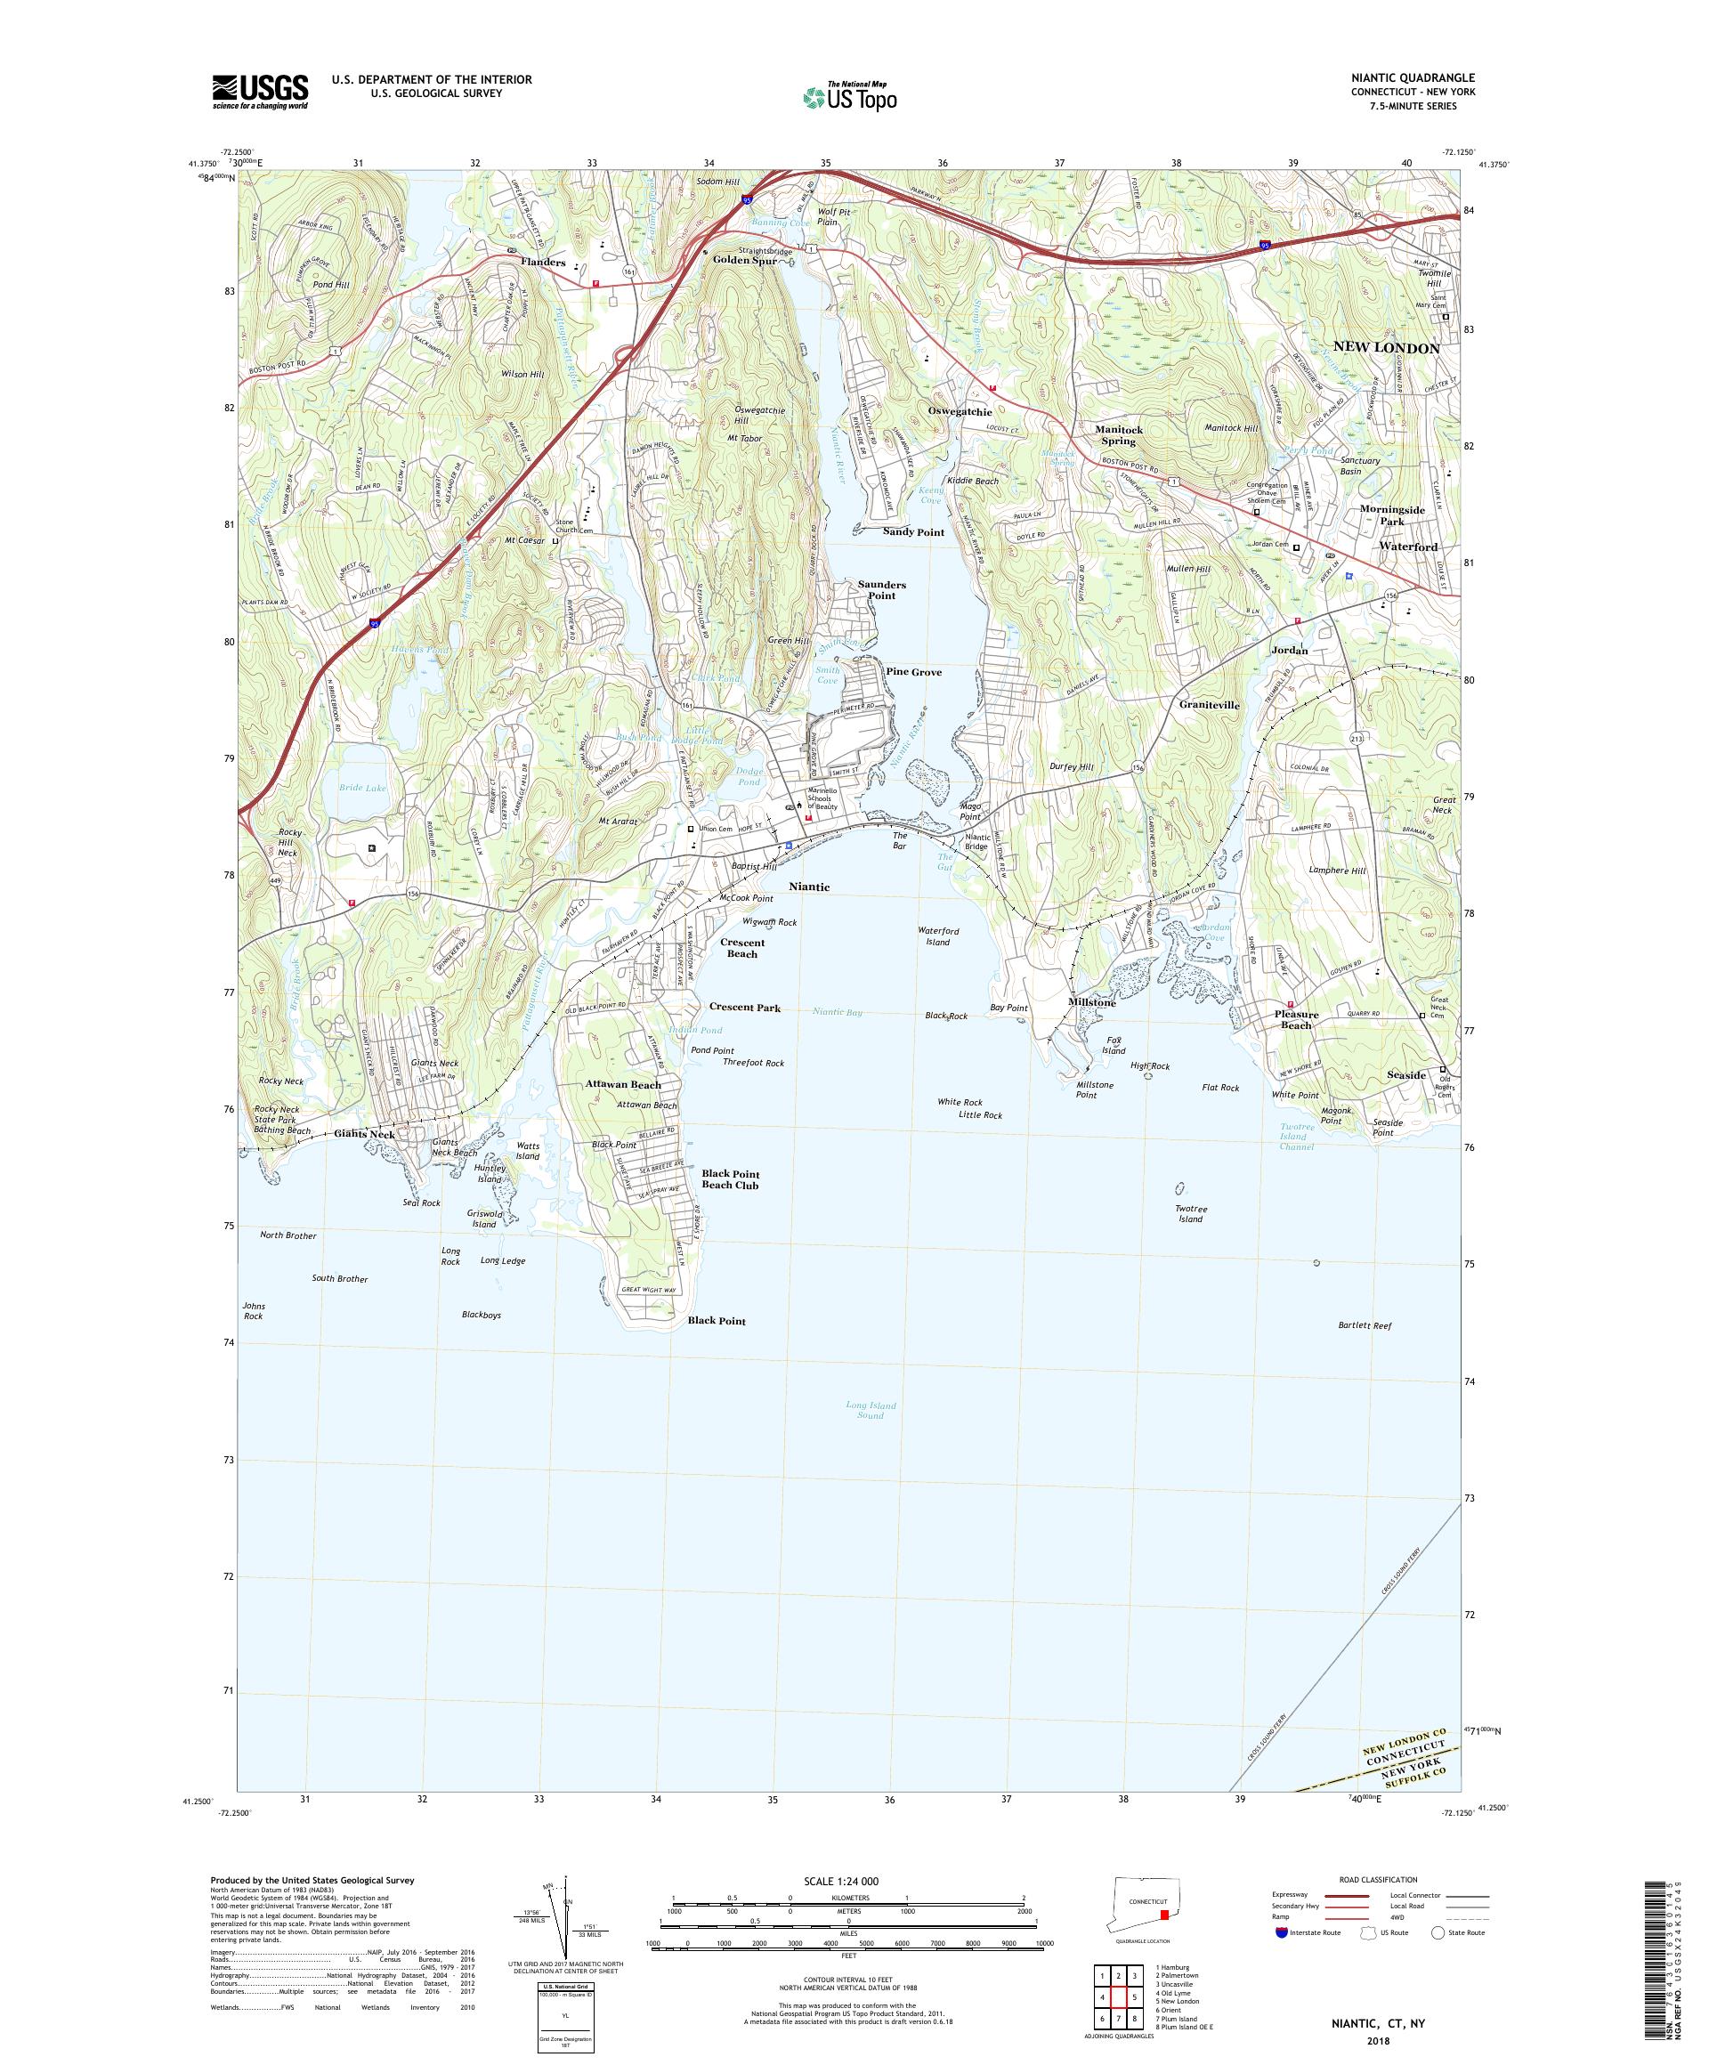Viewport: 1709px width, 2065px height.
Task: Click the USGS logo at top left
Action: (260, 92)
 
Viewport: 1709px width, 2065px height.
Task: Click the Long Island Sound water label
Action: (871, 1410)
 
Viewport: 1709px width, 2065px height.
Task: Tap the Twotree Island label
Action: (1190, 1213)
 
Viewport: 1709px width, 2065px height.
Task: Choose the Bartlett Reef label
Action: (1365, 1325)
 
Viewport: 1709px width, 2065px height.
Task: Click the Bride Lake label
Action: (362, 788)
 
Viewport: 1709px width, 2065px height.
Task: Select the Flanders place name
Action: (543, 263)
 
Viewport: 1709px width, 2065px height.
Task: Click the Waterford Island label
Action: (938, 936)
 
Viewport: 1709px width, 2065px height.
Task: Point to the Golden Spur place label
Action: (744, 261)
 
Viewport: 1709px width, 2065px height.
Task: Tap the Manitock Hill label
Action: (1231, 428)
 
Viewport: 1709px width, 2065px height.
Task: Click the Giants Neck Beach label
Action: (454, 1146)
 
